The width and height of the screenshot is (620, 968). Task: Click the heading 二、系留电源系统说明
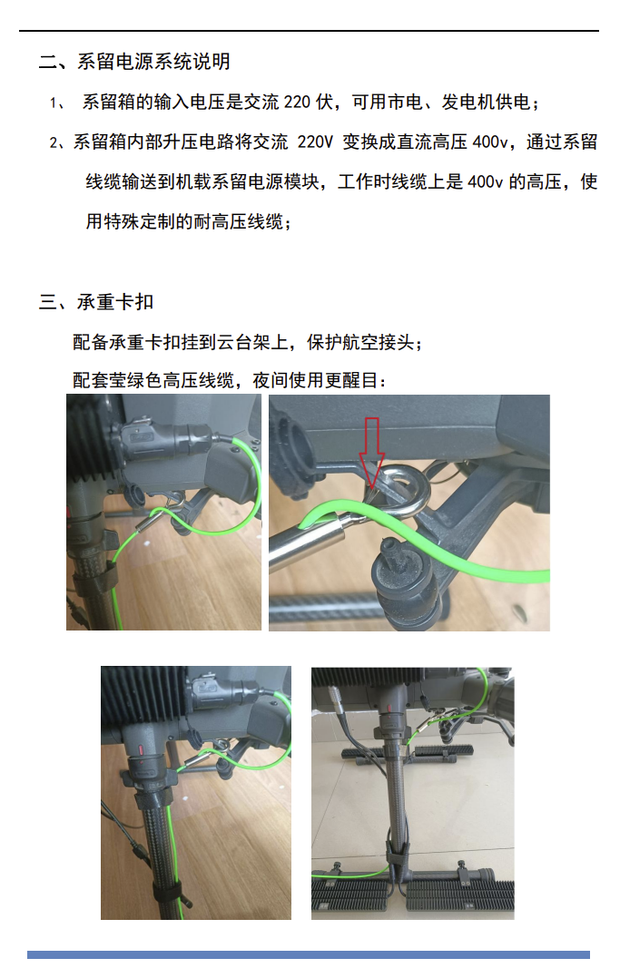pyautogui.click(x=134, y=61)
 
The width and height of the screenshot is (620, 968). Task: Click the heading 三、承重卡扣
pyautogui.click(x=96, y=302)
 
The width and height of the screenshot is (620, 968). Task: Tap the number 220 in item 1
pyautogui.click(x=297, y=102)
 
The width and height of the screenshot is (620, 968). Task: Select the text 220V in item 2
pyautogui.click(x=315, y=142)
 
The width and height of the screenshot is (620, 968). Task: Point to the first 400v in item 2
pyautogui.click(x=490, y=142)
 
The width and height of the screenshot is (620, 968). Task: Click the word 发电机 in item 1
pyautogui.click(x=467, y=102)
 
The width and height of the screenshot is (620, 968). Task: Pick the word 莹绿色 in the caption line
pyautogui.click(x=135, y=380)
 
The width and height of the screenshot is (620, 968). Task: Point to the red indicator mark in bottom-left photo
pyautogui.click(x=142, y=752)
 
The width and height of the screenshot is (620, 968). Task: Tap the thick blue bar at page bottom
pyautogui.click(x=308, y=954)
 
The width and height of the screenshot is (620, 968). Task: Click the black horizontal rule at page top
pyautogui.click(x=309, y=30)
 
